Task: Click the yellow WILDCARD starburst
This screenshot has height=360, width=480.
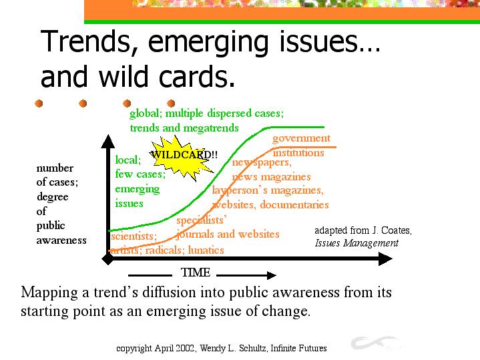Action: pyautogui.click(x=181, y=158)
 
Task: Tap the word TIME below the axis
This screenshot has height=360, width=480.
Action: pyautogui.click(x=196, y=273)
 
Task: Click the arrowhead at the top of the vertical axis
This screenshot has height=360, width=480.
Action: pyautogui.click(x=107, y=141)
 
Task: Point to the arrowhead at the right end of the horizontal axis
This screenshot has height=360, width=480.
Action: pyautogui.click(x=385, y=259)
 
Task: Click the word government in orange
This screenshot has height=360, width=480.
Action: pyautogui.click(x=301, y=138)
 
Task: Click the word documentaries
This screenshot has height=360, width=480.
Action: pyautogui.click(x=294, y=204)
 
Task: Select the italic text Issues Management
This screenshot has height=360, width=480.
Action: pyautogui.click(x=356, y=243)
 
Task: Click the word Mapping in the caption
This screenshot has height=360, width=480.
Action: pyautogui.click(x=49, y=293)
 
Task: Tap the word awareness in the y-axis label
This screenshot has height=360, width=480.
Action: pyautogui.click(x=61, y=240)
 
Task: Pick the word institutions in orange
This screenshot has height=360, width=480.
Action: pyautogui.click(x=298, y=152)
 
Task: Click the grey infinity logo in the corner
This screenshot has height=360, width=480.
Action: pyautogui.click(x=376, y=342)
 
